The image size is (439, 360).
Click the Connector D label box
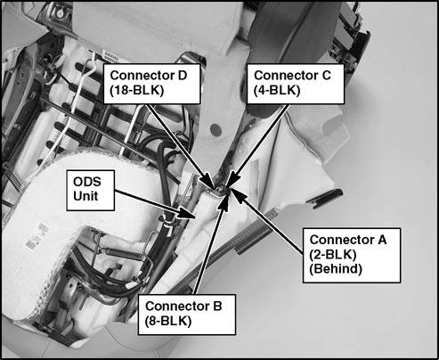pyautogui.click(x=151, y=84)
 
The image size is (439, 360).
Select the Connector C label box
pyautogui.click(x=296, y=84)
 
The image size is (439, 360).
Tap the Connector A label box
pyautogui.click(x=352, y=255)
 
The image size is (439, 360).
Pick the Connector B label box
pyautogui.click(x=187, y=315)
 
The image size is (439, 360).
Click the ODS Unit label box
pyautogui.click(x=91, y=191)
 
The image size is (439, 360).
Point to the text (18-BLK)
pyautogui.click(x=137, y=91)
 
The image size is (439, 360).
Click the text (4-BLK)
pyautogui.click(x=277, y=91)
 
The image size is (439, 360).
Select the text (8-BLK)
pyautogui.click(x=168, y=321)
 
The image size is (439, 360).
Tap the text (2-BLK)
pyautogui.click(x=332, y=255)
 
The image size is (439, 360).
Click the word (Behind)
pyautogui.click(x=336, y=269)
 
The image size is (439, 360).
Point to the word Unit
pyautogui.click(x=85, y=196)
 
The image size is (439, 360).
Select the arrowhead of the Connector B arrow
pyautogui.click(x=224, y=203)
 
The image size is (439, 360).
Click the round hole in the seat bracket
pyautogui.click(x=215, y=129)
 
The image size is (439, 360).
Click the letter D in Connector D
pyautogui.click(x=183, y=76)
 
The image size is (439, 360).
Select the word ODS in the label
pyautogui.click(x=87, y=182)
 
